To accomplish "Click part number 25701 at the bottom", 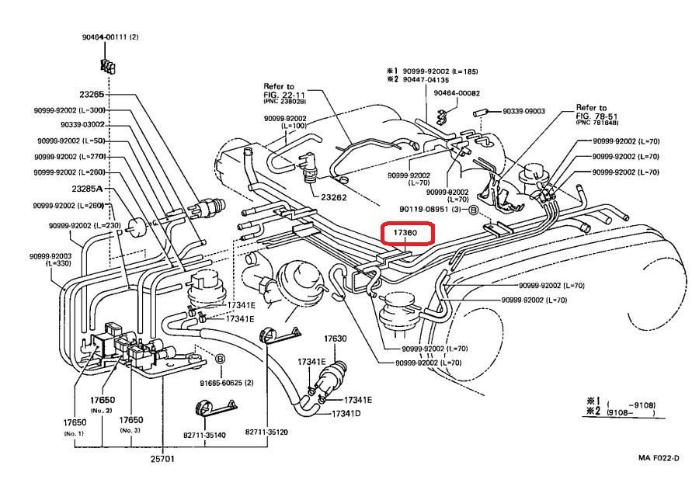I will pyautogui.click(x=162, y=459).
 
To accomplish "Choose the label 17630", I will pyautogui.click(x=335, y=339).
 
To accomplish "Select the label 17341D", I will pyautogui.click(x=346, y=414).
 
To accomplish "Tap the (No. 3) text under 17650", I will pyautogui.click(x=130, y=429).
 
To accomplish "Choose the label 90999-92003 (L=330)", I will pyautogui.click(x=50, y=259).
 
